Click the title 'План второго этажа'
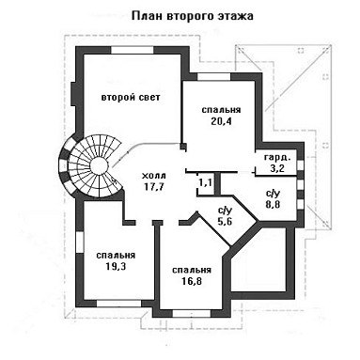(193, 16)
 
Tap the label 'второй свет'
(131, 97)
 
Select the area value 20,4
(221, 121)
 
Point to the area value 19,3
(116, 267)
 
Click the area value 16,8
(192, 281)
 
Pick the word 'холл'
(154, 175)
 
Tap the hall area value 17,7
(154, 187)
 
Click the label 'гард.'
(277, 157)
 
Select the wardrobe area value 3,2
(277, 168)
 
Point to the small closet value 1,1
(205, 182)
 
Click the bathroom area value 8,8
(273, 205)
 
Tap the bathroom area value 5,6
(224, 222)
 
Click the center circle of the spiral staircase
(98, 166)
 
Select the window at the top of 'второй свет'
(132, 50)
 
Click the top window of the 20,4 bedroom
(214, 76)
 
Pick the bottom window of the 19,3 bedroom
(119, 304)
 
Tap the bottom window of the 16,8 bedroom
(192, 314)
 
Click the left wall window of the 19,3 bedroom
(80, 243)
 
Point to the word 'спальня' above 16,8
(192, 270)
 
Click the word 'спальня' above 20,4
(221, 110)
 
